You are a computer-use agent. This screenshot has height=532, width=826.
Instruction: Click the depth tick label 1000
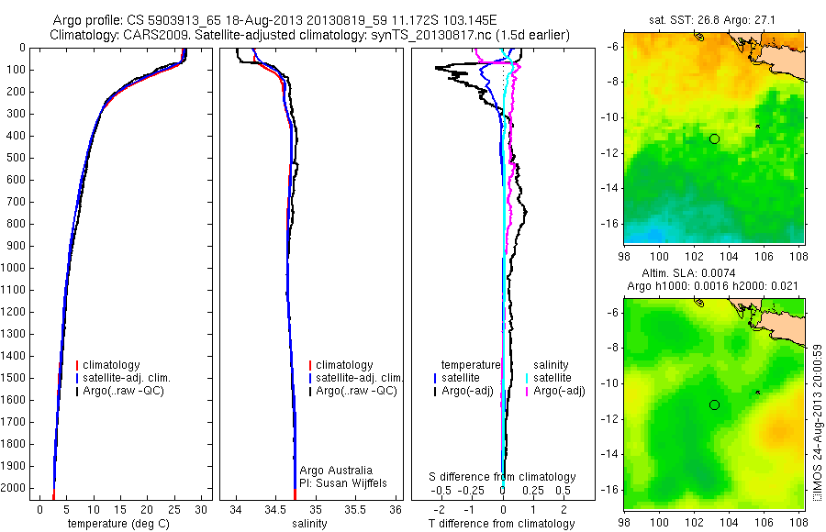(x=14, y=268)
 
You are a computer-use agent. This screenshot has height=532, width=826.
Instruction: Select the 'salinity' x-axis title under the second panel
(x=308, y=524)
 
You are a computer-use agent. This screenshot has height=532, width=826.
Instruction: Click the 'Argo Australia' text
(x=337, y=470)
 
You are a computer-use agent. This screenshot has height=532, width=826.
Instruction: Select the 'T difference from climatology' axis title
(x=501, y=524)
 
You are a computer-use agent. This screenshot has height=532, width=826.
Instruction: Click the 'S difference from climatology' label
(x=502, y=477)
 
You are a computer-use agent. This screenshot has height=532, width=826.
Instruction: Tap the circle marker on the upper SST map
(x=714, y=139)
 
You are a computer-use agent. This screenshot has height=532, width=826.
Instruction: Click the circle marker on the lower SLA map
(x=714, y=405)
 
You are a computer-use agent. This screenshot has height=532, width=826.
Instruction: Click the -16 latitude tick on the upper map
(x=611, y=223)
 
